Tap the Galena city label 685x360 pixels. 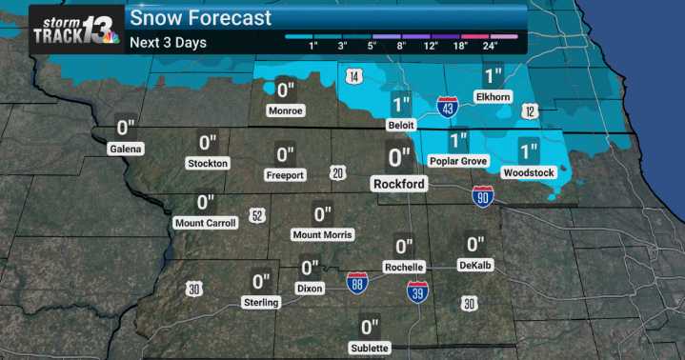125,149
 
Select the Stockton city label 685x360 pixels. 208,164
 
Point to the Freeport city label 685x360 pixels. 285,175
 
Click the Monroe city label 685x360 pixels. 286,110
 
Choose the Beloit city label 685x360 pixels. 400,126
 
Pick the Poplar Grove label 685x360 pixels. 458,162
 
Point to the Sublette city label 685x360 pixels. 370,348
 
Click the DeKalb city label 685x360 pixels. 474,265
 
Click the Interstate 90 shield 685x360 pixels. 483,196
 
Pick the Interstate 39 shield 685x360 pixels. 416,291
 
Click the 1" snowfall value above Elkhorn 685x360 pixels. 493,76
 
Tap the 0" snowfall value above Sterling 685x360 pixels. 261,282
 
